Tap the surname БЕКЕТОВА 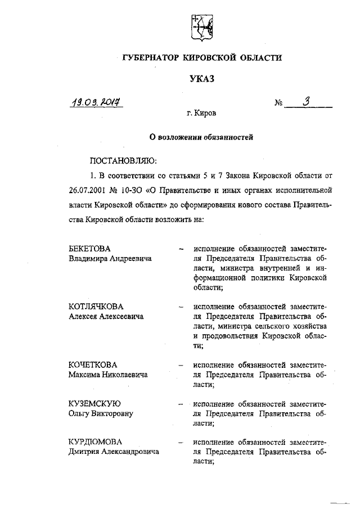[x=90, y=249]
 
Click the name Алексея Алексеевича [x=106, y=317]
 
